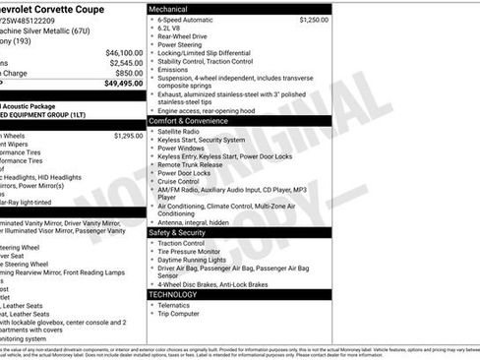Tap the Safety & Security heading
click(186, 232)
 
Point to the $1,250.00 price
click(314, 20)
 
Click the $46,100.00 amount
click(124, 52)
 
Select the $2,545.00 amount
click(127, 63)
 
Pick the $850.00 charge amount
click(128, 73)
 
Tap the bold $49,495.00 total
click(124, 84)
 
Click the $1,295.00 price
click(128, 136)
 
